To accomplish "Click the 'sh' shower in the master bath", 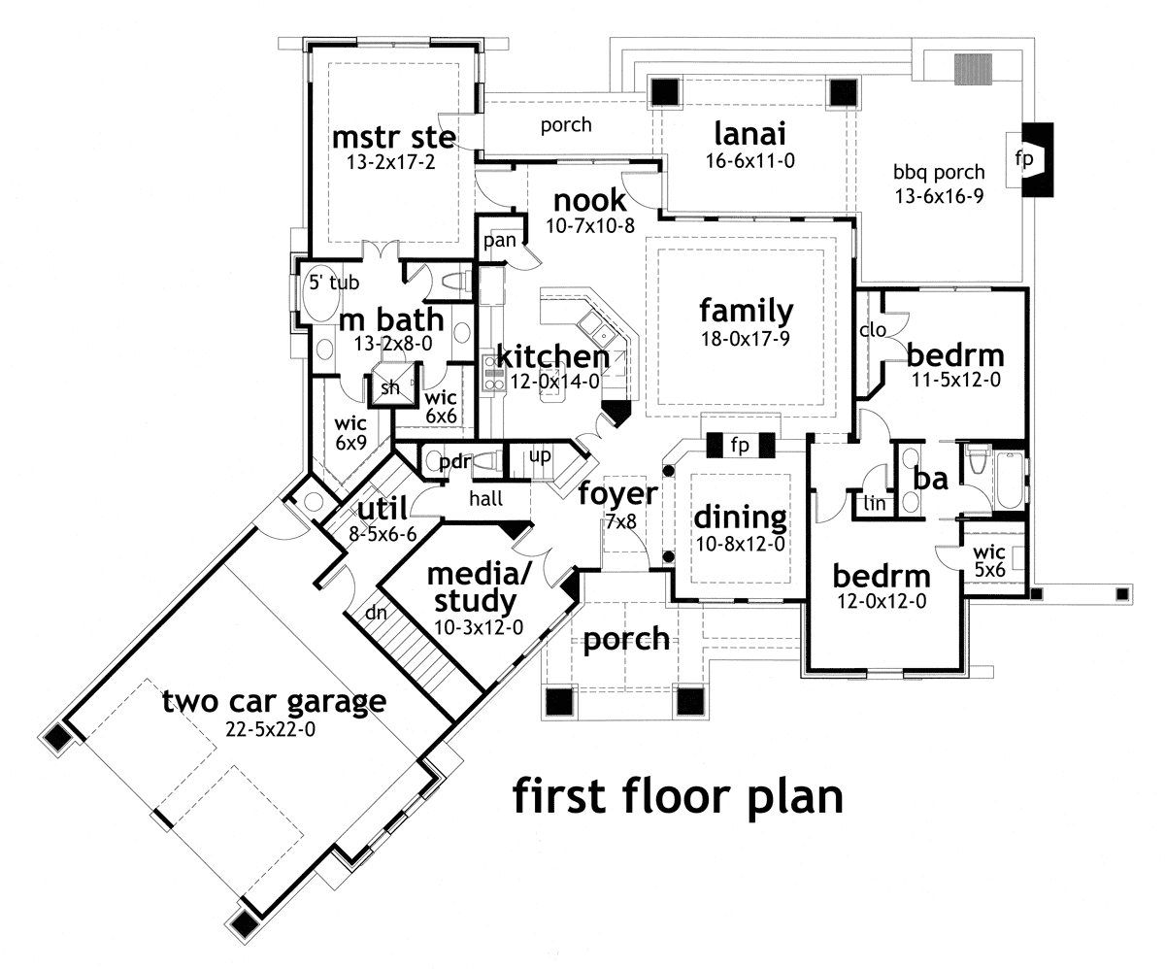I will coord(389,387).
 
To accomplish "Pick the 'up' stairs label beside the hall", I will coord(541,454).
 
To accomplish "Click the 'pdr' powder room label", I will coord(454,461).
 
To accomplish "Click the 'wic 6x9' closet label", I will coord(349,433).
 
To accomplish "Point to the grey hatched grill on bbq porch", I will coord(968,69).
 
